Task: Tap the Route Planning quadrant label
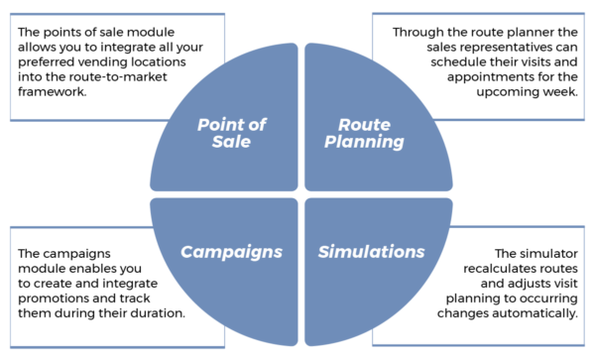tap(365, 132)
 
